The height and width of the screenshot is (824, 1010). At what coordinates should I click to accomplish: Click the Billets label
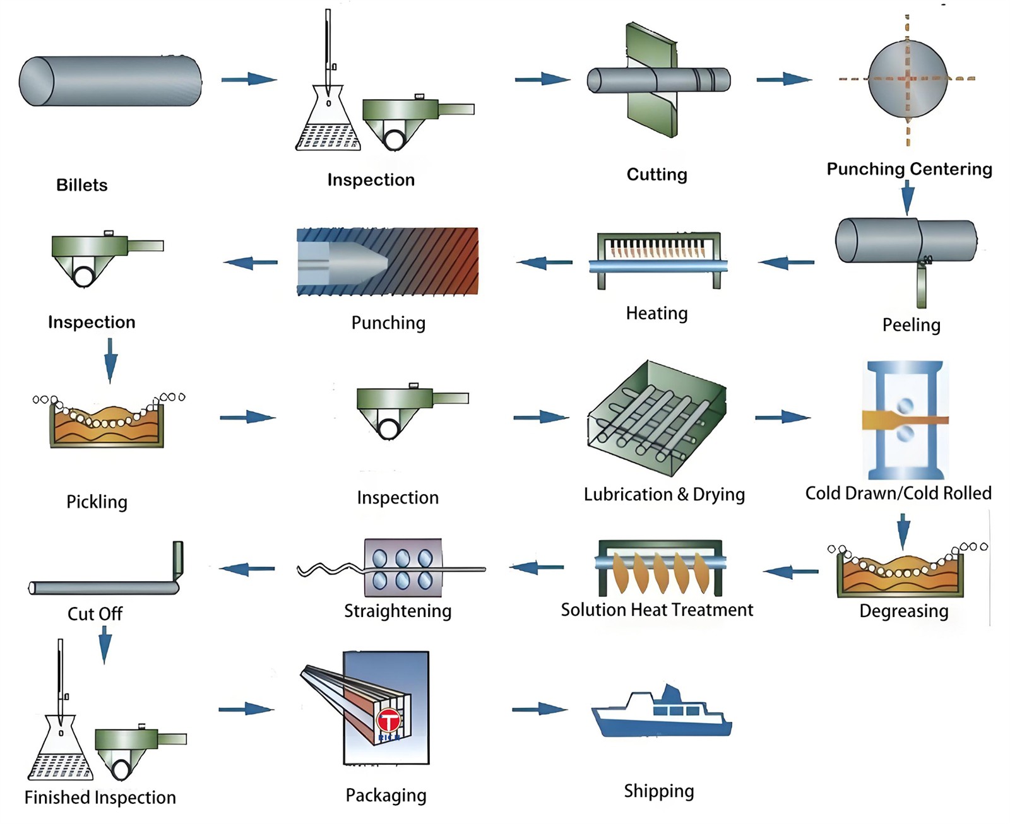tap(82, 185)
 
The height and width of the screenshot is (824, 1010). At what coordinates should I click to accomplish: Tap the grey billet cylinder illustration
tap(110, 81)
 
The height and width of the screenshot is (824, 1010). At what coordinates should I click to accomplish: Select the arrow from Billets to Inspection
tap(249, 79)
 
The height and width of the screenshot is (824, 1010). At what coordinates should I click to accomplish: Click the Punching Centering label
tap(909, 169)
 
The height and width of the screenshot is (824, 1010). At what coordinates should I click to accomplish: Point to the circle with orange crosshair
tap(908, 79)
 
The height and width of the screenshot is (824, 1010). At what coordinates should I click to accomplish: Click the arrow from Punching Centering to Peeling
tap(908, 197)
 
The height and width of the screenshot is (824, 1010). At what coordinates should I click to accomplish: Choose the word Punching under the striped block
tap(388, 323)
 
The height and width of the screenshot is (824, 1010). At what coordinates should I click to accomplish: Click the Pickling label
tap(97, 502)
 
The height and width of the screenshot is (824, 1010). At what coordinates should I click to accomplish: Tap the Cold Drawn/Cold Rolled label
tap(898, 493)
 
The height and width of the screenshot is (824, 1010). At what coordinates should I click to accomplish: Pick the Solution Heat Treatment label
tap(656, 610)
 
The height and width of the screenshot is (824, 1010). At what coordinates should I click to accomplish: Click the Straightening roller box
tap(403, 568)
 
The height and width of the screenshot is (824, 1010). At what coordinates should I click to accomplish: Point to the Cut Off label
tap(95, 614)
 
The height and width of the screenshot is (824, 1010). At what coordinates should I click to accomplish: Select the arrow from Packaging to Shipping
tap(539, 709)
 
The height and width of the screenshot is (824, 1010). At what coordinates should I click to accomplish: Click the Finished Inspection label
tap(100, 798)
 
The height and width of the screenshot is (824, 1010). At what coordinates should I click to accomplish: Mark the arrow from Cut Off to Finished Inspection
tap(105, 645)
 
